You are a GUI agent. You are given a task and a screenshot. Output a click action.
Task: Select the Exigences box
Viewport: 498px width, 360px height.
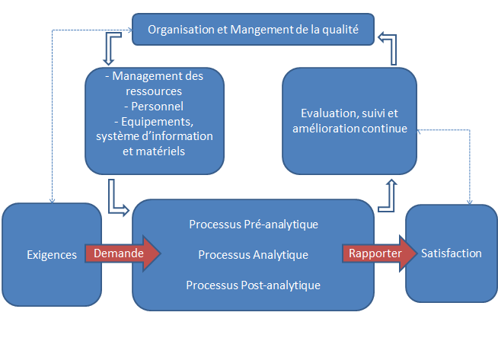(x=52, y=255)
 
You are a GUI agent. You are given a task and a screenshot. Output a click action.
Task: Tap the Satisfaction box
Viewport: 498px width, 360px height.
(x=452, y=253)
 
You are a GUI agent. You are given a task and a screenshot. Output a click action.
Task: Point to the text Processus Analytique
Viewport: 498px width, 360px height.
(x=254, y=255)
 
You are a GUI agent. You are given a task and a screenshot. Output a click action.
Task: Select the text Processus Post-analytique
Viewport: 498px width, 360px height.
(x=254, y=285)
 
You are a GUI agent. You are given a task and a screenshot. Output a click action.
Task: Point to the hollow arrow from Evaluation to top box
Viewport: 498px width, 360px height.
(x=389, y=47)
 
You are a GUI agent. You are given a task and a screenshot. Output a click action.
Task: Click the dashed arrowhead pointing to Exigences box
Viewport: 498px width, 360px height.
(x=52, y=201)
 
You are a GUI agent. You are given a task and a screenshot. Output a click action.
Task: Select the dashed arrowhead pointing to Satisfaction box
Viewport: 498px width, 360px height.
(x=470, y=202)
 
